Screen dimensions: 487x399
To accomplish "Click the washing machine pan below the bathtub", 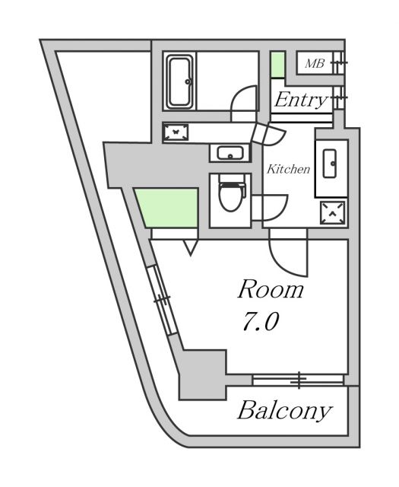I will point(177,132).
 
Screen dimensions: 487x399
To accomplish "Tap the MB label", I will point(314,64).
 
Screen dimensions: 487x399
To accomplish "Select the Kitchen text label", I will point(288,169).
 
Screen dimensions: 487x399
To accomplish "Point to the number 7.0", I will point(260,323).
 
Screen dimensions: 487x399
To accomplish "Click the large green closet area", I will point(168,208).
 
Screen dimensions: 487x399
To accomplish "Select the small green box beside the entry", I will point(278,65).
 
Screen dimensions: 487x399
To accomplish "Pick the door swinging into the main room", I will point(289,255).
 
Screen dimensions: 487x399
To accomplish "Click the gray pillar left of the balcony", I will point(202,373).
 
